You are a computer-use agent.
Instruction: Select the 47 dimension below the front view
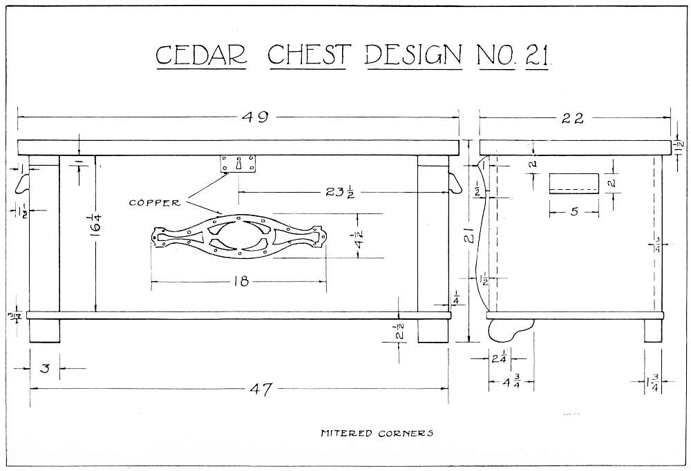[x=259, y=390]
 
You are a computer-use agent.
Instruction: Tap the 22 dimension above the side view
[x=573, y=118]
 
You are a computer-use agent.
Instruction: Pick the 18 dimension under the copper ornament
[x=238, y=281]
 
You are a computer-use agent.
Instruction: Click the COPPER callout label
[x=155, y=203]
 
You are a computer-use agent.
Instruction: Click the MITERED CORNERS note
[x=377, y=434]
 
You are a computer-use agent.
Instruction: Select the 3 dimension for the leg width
[x=45, y=369]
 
